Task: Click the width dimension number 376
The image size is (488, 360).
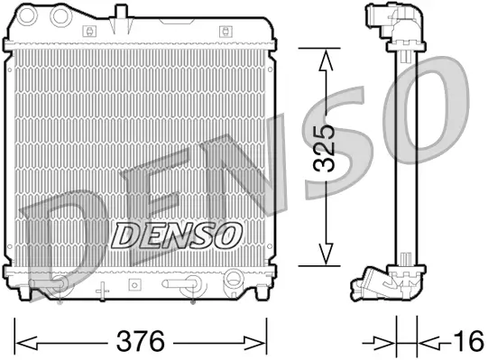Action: point(143,341)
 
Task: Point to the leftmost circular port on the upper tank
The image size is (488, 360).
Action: point(28,15)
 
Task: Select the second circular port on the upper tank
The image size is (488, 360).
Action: point(61,15)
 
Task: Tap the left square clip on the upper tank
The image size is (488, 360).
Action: point(87,30)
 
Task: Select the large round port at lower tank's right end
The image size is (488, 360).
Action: point(233,279)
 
